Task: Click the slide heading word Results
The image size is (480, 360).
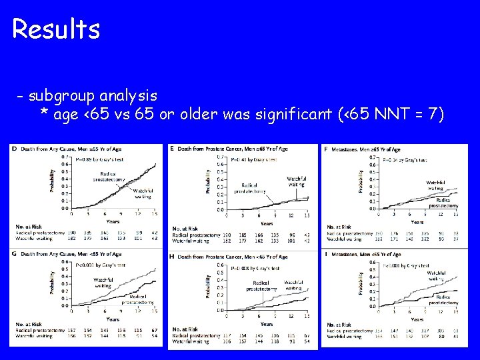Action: (x=56, y=29)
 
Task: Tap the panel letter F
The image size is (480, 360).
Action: (x=325, y=149)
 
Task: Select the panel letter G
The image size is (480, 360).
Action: (x=15, y=253)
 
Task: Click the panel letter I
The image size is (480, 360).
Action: (x=325, y=254)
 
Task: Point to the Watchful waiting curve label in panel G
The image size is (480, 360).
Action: (x=103, y=283)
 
